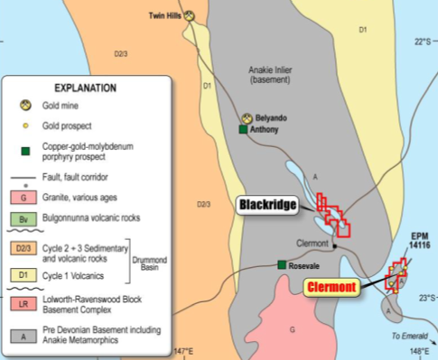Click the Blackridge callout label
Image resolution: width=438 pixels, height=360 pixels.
[268, 206]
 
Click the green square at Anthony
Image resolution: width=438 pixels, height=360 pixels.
[242, 130]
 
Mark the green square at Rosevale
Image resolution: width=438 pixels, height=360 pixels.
[283, 264]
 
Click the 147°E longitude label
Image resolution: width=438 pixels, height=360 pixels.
[184, 351]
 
